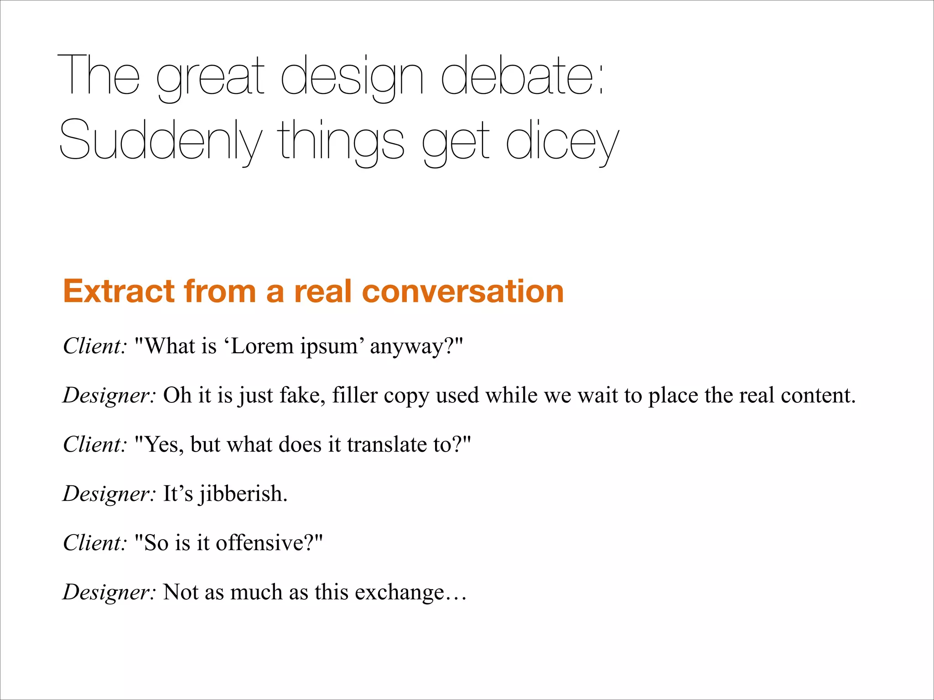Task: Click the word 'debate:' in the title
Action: pos(522,75)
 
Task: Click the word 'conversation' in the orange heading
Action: pos(462,291)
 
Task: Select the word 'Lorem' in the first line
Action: pos(262,346)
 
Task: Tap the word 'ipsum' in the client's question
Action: pos(329,347)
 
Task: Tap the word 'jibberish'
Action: pos(243,494)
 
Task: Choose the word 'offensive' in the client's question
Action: pos(263,543)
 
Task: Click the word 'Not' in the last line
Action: pos(180,592)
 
